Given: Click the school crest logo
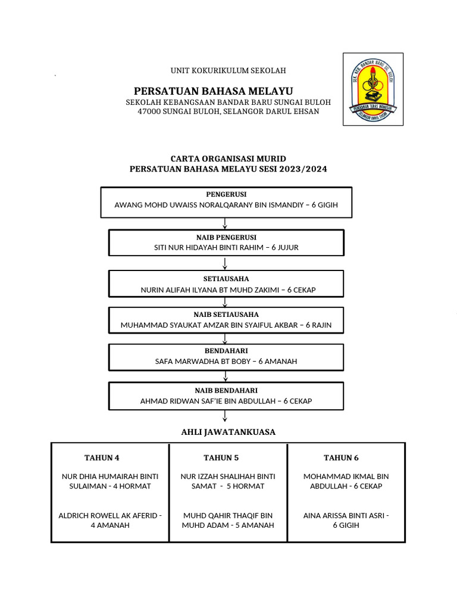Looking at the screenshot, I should pos(373,89).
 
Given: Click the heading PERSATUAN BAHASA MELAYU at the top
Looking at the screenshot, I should pos(214,91).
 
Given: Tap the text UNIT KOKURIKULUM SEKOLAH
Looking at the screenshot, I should pos(228,70).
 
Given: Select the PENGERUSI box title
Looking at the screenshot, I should pos(226,194).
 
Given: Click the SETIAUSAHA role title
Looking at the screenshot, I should pos(226,279).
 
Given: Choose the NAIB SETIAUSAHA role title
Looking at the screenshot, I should pos(226,315).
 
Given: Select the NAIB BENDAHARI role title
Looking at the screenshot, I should pos(226,390).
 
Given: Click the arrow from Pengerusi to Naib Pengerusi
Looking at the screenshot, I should pos(225,223).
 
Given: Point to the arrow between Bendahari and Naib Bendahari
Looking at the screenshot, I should pos(225,376).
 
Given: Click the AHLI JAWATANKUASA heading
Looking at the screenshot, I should pos(228,432).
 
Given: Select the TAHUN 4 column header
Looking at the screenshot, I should pos(102,457).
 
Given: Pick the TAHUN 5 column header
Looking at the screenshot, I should pos(221,457).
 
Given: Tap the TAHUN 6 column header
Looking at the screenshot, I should pos(341,457).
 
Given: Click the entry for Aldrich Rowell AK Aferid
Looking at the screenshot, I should pos(110,520).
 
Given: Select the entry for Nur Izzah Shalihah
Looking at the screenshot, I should pos(228,481).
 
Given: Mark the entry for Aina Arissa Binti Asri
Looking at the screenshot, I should pos(346,520).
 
